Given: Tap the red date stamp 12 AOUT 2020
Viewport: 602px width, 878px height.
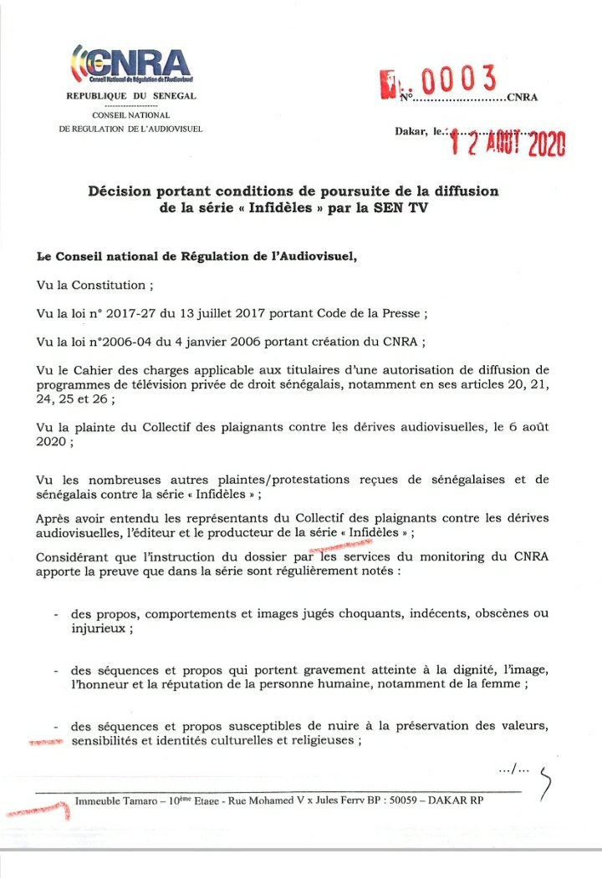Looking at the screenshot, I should tap(508, 145).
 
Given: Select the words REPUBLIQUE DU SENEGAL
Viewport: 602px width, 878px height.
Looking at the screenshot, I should tap(131, 96).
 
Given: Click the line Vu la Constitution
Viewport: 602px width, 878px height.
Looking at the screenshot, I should tap(95, 285).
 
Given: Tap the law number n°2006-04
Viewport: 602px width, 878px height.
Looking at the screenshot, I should tap(125, 343).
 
